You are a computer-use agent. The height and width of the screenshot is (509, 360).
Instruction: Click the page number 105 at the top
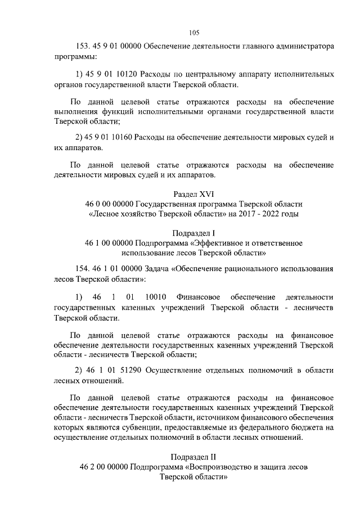(195, 32)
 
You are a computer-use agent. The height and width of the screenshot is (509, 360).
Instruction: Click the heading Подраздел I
(195, 232)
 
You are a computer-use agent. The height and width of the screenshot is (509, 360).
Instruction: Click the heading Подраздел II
(195, 456)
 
